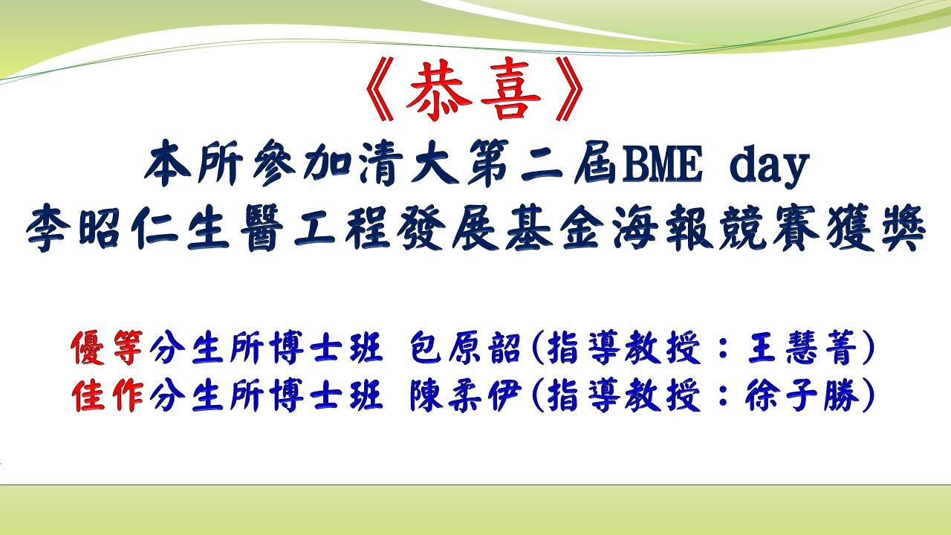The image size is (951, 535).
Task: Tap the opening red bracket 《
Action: pos(380,90)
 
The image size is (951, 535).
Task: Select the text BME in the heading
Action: pos(661,163)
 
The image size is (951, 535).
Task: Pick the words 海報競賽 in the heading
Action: pos(715,228)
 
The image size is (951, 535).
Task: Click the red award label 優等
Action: pos(108,348)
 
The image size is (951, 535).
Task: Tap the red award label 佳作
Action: pos(108,395)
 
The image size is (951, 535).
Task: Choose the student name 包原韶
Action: pos(465,348)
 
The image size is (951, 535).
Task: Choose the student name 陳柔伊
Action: pos(465,395)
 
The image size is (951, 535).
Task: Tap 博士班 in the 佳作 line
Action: pos(326,395)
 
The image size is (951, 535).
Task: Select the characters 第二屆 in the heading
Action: pos(541,163)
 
